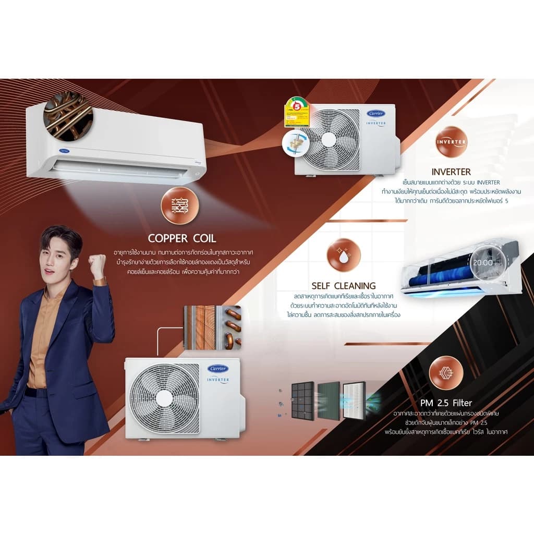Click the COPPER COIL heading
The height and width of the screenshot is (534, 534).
[181, 238]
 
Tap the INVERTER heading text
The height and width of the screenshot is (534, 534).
[451, 172]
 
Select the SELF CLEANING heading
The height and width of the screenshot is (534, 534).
[343, 285]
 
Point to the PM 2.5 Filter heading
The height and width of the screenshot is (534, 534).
[446, 403]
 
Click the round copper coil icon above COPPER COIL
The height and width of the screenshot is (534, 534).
[180, 205]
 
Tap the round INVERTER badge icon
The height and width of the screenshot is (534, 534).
[451, 141]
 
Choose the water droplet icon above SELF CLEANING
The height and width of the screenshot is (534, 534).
[343, 256]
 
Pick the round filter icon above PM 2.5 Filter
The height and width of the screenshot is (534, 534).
[446, 373]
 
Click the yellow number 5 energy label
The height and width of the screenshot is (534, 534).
[297, 112]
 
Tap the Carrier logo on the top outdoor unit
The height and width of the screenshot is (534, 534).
[376, 114]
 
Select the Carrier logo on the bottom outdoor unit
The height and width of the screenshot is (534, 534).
[218, 369]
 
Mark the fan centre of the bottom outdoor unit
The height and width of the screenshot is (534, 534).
[165, 398]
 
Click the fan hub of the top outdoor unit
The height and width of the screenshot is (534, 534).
[329, 139]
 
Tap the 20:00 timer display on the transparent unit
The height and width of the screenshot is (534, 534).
[482, 262]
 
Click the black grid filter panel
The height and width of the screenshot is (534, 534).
[302, 401]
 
